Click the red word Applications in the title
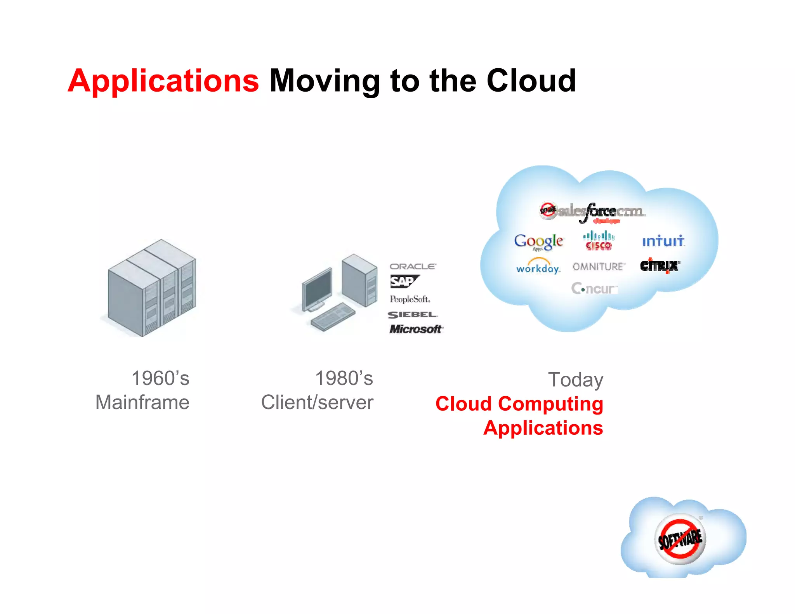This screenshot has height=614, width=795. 163,81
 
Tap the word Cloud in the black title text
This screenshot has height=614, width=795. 531,81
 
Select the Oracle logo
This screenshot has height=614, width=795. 413,267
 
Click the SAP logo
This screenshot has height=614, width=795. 404,281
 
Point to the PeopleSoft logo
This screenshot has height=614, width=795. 410,299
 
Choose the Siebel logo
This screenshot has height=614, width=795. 412,315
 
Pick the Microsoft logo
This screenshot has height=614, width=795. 416,329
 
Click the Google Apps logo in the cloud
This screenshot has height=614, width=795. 538,242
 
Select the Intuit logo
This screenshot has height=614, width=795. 663,241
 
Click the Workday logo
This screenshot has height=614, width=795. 538,267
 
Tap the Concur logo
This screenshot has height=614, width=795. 594,289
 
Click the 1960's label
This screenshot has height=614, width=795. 160,378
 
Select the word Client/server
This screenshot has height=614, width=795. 317,402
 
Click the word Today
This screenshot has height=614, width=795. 575,380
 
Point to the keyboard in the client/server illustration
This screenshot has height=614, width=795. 333,317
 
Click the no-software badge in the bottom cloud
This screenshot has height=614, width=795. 680,539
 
